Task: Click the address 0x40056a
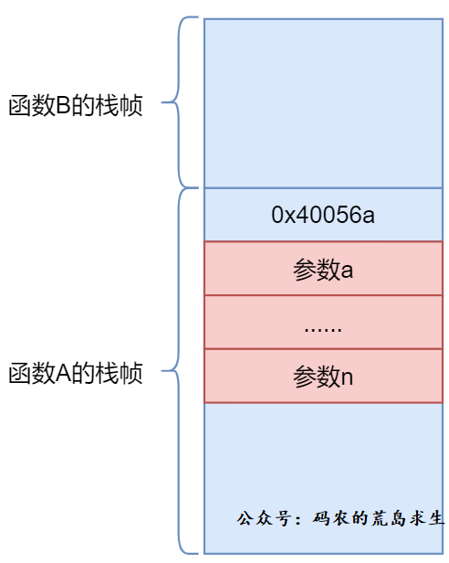pos(323,215)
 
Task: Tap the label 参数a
pos(323,270)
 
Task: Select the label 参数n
pos(323,377)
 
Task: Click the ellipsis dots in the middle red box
pos(323,329)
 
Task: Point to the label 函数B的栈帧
pos(76,106)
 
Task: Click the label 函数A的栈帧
pos(76,374)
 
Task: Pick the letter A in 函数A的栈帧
pos(63,374)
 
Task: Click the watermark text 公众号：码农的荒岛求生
pos(340,518)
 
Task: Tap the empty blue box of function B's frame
pos(323,103)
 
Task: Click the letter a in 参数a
pos(347,271)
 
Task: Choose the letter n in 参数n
pos(347,377)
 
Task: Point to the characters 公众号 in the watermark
pos(264,518)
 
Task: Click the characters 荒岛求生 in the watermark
pos(408,518)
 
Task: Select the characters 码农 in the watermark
pos(331,518)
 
